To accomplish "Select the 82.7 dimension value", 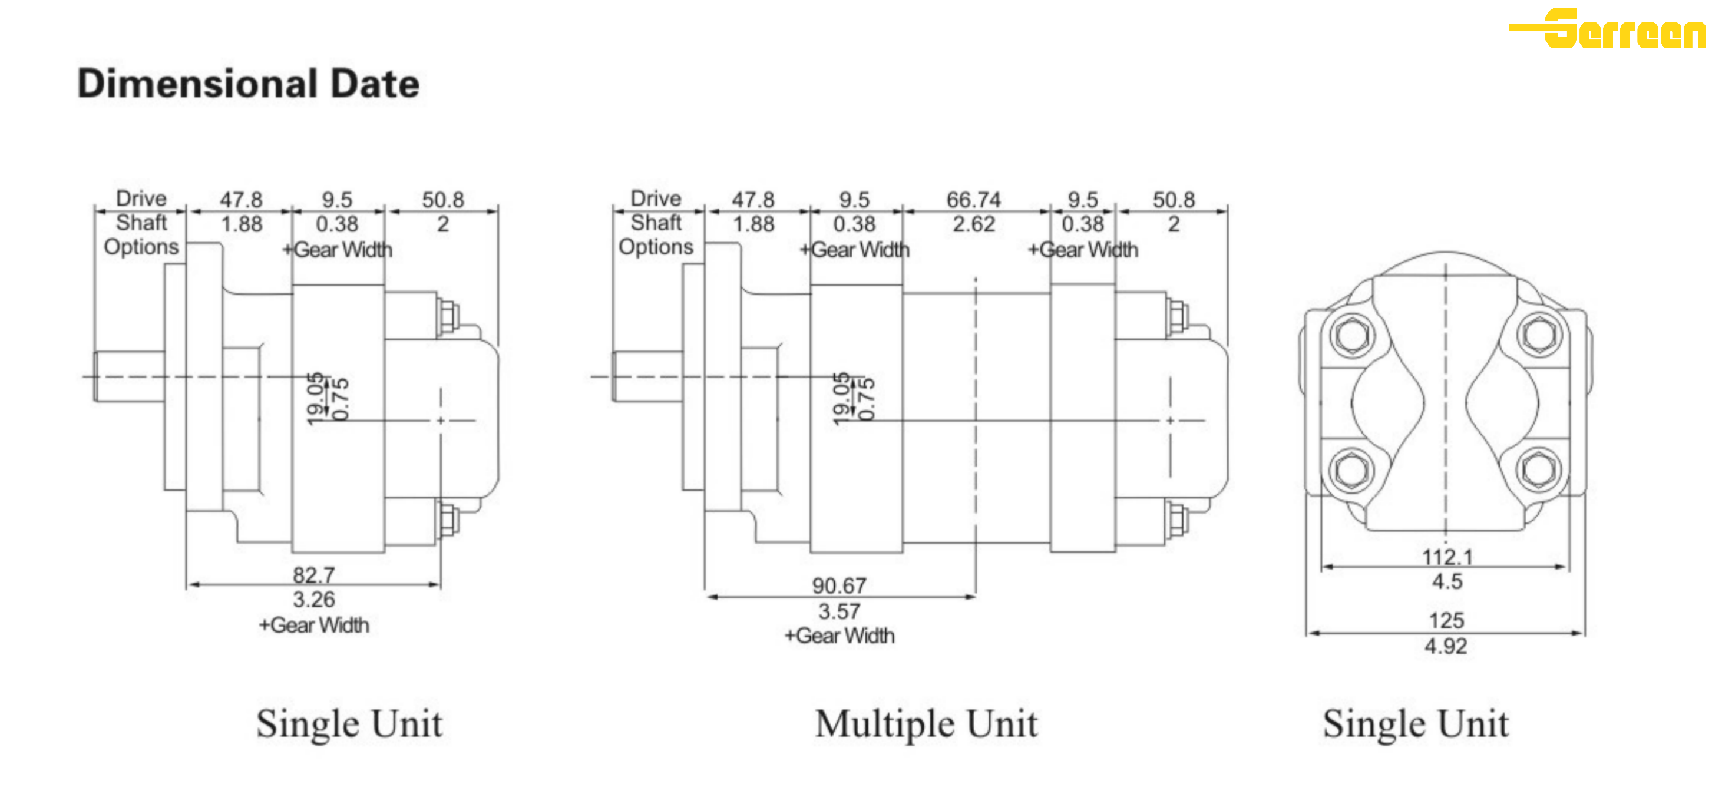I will (x=313, y=575).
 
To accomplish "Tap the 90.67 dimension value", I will (x=839, y=585).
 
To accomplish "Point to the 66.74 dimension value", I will (x=973, y=199).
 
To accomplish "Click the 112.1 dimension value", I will (x=1447, y=557).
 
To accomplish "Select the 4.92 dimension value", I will (x=1446, y=646).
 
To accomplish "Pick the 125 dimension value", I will (x=1447, y=620).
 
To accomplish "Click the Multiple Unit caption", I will (x=926, y=724).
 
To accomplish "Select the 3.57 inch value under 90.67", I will (x=839, y=611).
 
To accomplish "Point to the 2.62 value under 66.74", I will (x=973, y=224).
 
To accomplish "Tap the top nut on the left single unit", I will (x=447, y=317).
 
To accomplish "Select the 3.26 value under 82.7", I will (x=313, y=600).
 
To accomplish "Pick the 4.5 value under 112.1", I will (x=1447, y=581).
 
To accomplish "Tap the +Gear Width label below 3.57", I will (x=839, y=636).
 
